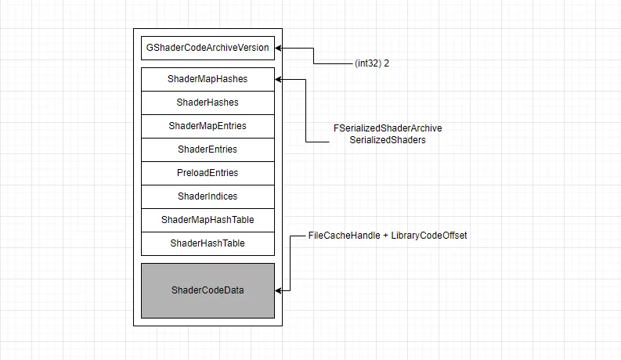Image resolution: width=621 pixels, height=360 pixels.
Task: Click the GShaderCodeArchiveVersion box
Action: (x=208, y=48)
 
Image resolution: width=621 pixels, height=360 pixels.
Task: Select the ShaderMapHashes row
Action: (x=208, y=79)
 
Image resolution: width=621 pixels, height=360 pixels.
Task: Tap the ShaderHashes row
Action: (x=208, y=103)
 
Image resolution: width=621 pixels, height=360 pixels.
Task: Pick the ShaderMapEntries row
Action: (x=208, y=126)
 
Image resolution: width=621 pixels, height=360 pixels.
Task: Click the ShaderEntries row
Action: (x=208, y=149)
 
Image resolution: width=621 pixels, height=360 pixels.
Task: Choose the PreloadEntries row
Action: (x=208, y=173)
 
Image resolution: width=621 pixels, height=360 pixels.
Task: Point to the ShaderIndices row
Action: (x=208, y=196)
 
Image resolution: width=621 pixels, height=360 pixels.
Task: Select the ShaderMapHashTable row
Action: (x=208, y=220)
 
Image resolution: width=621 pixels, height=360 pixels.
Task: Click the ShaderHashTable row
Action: (x=208, y=243)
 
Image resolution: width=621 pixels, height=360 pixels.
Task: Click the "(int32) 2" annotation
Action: (x=372, y=63)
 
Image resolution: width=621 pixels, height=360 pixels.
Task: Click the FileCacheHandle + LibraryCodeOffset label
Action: (x=388, y=236)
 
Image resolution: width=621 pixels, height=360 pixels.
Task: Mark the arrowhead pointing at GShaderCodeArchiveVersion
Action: (x=280, y=48)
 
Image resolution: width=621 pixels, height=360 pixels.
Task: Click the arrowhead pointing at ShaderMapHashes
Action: (x=280, y=79)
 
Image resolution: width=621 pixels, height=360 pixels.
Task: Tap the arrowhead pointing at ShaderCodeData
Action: (x=280, y=290)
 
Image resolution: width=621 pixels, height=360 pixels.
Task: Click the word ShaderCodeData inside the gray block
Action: (x=208, y=290)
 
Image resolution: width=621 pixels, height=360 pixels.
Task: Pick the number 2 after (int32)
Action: (x=387, y=63)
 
